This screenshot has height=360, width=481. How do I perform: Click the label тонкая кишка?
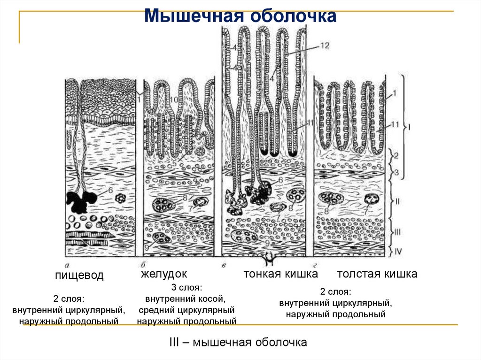(280, 274)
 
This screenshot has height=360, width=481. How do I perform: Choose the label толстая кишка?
(377, 274)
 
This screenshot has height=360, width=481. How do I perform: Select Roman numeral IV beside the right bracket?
(398, 251)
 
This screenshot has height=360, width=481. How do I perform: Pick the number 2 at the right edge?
(396, 155)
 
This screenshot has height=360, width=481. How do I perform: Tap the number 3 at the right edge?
(396, 173)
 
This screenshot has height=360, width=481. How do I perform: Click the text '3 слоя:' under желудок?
(187, 287)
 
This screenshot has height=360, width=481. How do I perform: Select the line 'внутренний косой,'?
(186, 299)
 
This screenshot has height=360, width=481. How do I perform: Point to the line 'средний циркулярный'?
(186, 310)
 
